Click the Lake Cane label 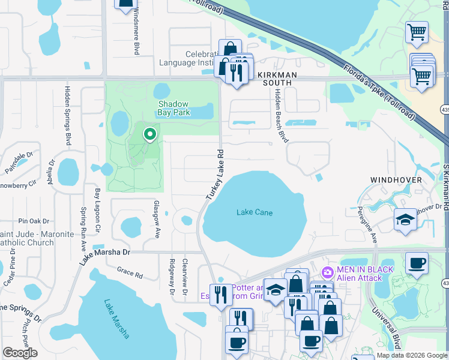(x=255, y=213)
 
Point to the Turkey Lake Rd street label (x=214, y=175)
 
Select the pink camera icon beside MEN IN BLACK (x=327, y=272)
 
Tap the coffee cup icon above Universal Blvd (x=416, y=262)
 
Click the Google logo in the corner (x=20, y=353)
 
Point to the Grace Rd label (x=130, y=274)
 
